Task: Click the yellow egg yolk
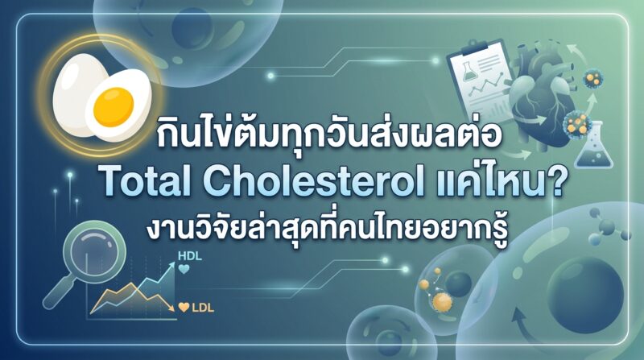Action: tap(114, 108)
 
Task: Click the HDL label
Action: tap(190, 256)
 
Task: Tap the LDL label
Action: tap(203, 308)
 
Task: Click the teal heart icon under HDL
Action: tap(184, 270)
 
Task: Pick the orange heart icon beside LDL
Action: tap(184, 307)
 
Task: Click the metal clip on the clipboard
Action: tap(477, 47)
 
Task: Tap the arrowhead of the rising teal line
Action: tap(170, 267)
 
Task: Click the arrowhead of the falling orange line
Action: tap(169, 308)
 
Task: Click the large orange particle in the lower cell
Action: tap(442, 303)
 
